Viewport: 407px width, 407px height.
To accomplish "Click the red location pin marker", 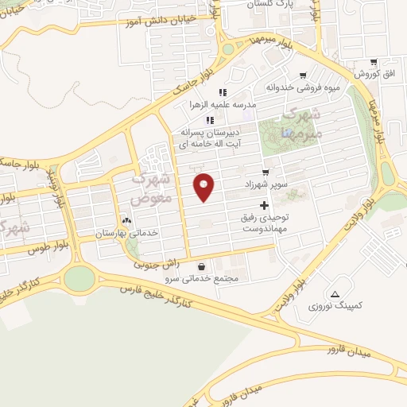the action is pyautogui.click(x=204, y=187).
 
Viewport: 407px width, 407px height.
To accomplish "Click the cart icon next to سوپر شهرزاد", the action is pyautogui.click(x=266, y=172).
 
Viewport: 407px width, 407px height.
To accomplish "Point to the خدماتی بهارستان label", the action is pyautogui.click(x=127, y=233).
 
